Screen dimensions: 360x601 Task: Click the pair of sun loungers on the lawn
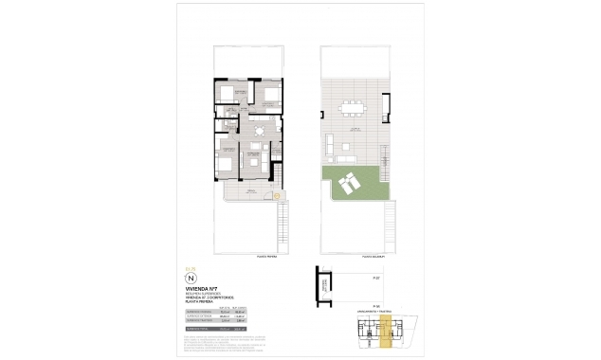pos(348,183)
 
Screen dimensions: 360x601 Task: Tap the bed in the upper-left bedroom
pos(229,96)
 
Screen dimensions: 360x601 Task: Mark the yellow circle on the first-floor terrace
pos(276,197)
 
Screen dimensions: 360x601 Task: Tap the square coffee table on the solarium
pos(349,144)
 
